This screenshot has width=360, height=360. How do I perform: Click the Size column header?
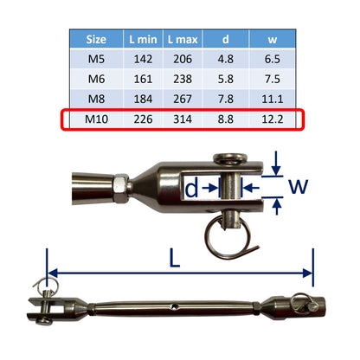(97, 39)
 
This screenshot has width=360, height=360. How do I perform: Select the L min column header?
(144, 39)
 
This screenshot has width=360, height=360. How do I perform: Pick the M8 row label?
(97, 99)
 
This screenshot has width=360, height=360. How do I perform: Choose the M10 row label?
(97, 119)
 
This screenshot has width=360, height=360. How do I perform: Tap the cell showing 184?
(144, 99)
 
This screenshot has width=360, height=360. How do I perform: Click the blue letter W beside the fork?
(299, 186)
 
